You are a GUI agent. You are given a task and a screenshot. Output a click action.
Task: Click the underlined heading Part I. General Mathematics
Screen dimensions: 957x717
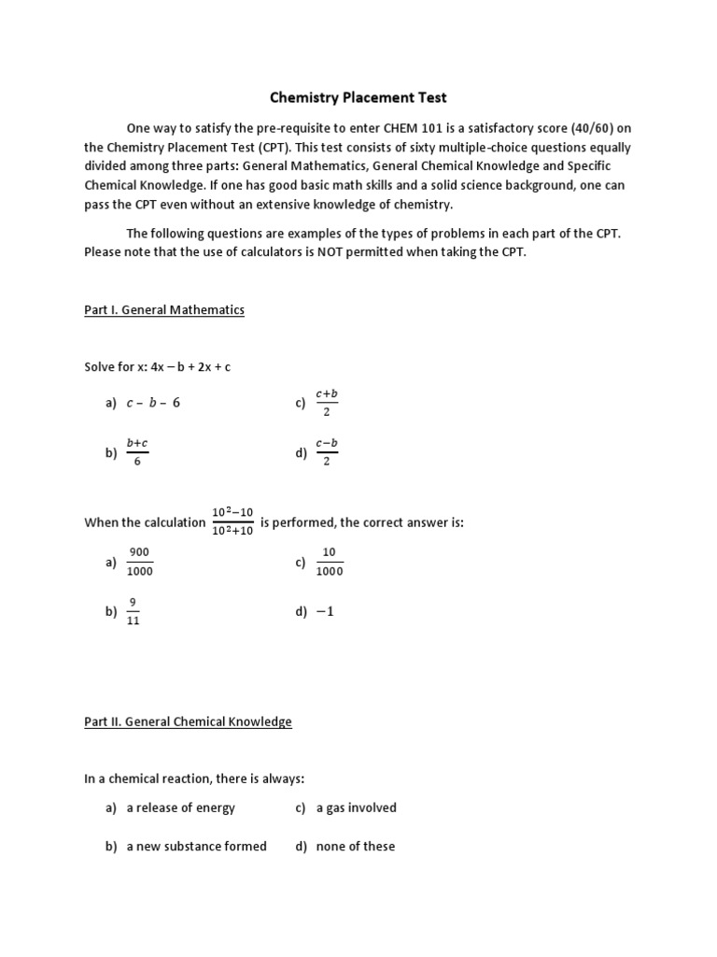(164, 309)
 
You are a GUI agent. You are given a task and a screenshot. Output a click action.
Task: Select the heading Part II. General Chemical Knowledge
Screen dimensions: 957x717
(188, 721)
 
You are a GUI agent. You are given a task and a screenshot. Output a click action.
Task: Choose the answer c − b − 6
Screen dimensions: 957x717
(153, 403)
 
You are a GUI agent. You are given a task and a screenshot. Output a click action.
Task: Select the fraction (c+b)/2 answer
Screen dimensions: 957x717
(327, 403)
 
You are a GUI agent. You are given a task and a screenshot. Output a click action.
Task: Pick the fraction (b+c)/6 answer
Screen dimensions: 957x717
(137, 453)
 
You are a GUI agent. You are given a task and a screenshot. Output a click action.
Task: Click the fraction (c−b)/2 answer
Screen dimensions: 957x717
(327, 453)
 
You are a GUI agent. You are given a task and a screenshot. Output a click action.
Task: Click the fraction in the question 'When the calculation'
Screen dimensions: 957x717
(232, 522)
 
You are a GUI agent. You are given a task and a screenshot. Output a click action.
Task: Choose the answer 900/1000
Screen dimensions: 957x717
(140, 562)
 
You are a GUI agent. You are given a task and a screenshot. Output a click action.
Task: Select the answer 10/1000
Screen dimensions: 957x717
(329, 562)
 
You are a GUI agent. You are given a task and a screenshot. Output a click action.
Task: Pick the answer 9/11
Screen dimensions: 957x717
(133, 612)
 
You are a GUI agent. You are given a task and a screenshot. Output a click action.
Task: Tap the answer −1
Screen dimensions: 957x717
(325, 612)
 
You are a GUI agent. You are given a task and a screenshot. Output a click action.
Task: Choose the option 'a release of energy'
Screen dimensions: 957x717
(181, 807)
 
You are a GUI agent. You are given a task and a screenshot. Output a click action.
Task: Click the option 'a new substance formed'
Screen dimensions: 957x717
(196, 846)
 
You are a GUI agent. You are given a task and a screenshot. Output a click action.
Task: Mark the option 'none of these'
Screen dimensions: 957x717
(356, 846)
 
